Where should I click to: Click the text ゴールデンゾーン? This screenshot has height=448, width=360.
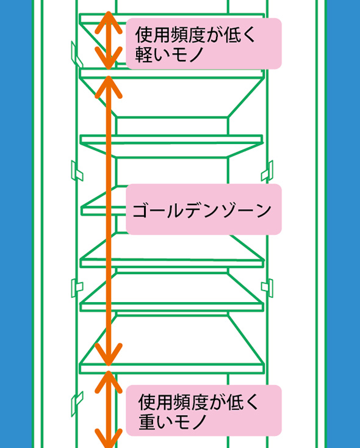[202, 211]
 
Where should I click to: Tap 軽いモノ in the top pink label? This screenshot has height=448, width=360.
[170, 54]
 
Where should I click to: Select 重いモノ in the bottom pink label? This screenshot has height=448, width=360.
[173, 422]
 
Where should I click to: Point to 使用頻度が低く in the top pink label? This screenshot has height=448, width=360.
[195, 35]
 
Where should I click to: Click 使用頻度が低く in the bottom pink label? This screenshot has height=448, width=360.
[198, 402]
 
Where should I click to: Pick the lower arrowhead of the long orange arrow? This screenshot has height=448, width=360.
[109, 355]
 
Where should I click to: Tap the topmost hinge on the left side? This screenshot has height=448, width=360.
[76, 55]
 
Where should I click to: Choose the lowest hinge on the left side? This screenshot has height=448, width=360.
[77, 403]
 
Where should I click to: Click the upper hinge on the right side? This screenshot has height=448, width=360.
[267, 171]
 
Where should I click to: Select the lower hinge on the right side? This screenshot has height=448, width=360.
[267, 287]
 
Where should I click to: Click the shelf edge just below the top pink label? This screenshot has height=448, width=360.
[171, 74]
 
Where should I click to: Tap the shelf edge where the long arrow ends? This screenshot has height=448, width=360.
[171, 369]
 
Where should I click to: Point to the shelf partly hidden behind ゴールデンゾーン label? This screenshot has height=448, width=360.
[104, 211]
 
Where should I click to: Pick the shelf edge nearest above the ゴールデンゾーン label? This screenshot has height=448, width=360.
[171, 139]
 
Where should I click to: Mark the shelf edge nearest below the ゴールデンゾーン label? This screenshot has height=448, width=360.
[171, 263]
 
